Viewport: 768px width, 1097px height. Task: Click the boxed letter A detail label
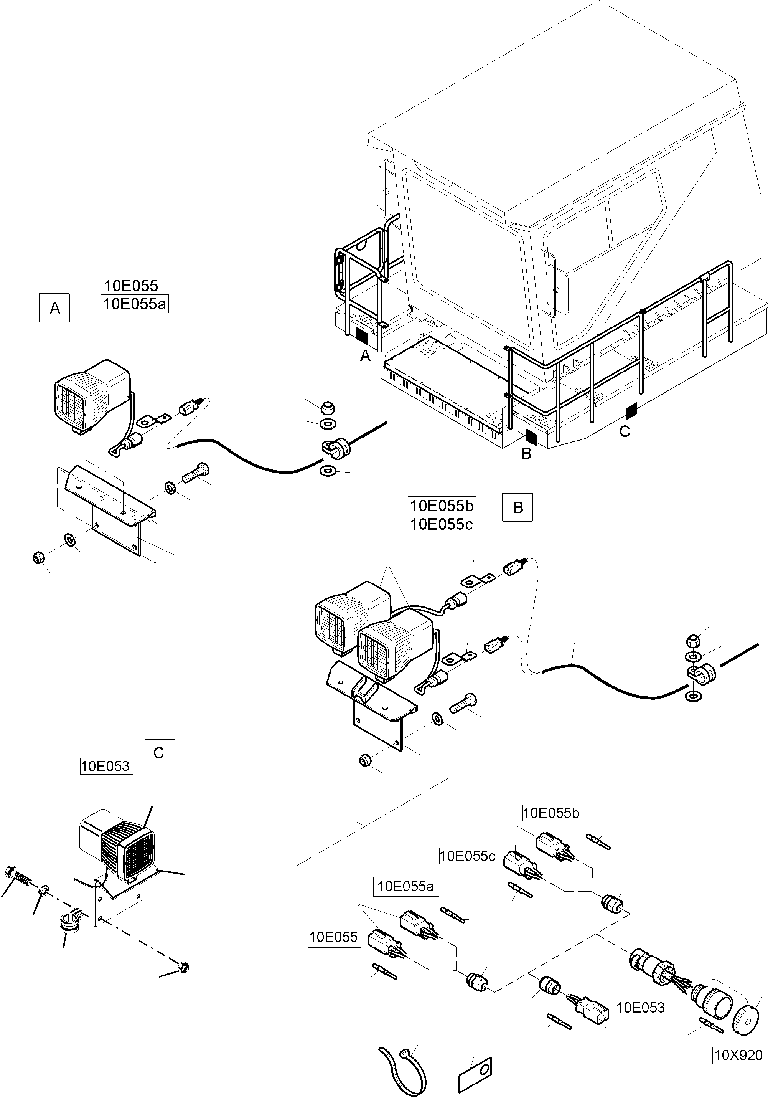(54, 308)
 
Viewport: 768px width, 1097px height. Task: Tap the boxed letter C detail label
(159, 753)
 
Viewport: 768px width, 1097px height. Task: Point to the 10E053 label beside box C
(105, 766)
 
